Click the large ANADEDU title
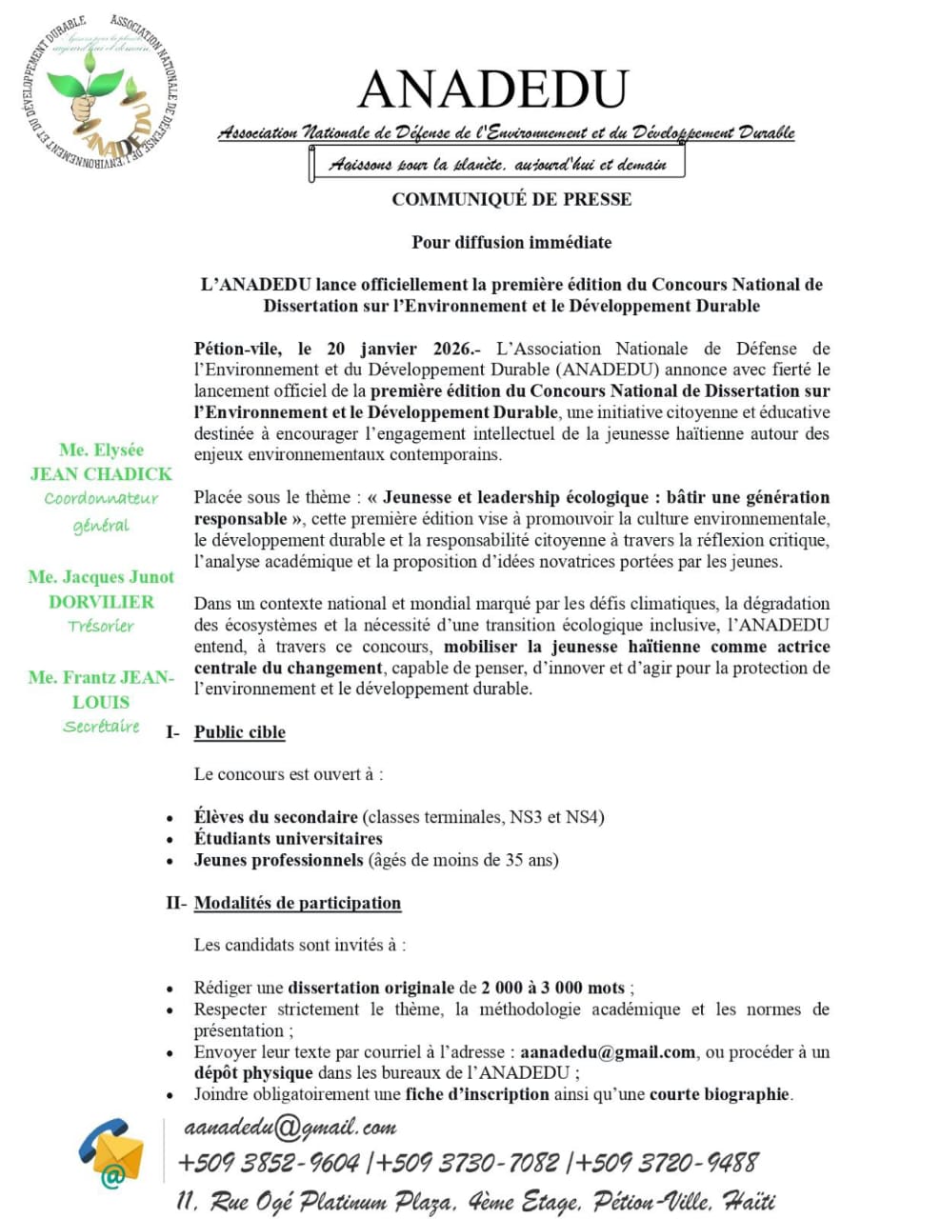tap(493, 89)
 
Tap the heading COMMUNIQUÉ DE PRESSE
tap(511, 199)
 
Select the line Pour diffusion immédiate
tap(511, 242)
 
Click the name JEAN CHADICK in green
tap(101, 474)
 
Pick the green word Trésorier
tap(101, 626)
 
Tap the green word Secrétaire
tap(101, 727)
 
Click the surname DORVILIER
tap(101, 602)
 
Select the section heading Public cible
tap(240, 732)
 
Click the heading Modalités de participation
tap(297, 903)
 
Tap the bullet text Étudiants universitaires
tap(288, 838)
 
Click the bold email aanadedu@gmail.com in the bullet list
tap(608, 1052)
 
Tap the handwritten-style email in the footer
tap(290, 1128)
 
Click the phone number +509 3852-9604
tap(269, 1163)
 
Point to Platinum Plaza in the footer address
tap(381, 1202)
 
